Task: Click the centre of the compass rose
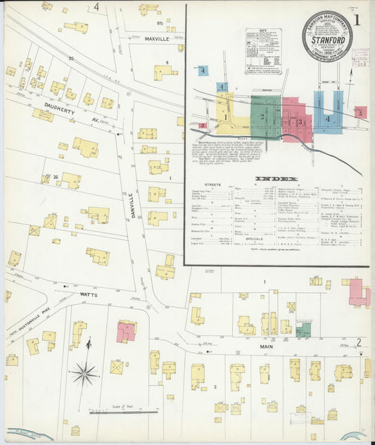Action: pyautogui.click(x=84, y=372)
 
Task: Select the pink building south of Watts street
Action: pyautogui.click(x=127, y=331)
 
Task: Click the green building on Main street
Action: pyautogui.click(x=303, y=330)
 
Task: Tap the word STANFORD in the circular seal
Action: pyautogui.click(x=327, y=41)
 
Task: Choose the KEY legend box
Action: pyautogui.click(x=263, y=51)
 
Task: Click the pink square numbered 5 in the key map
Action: pyautogui.click(x=360, y=112)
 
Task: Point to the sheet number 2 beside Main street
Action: pyautogui.click(x=359, y=343)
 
